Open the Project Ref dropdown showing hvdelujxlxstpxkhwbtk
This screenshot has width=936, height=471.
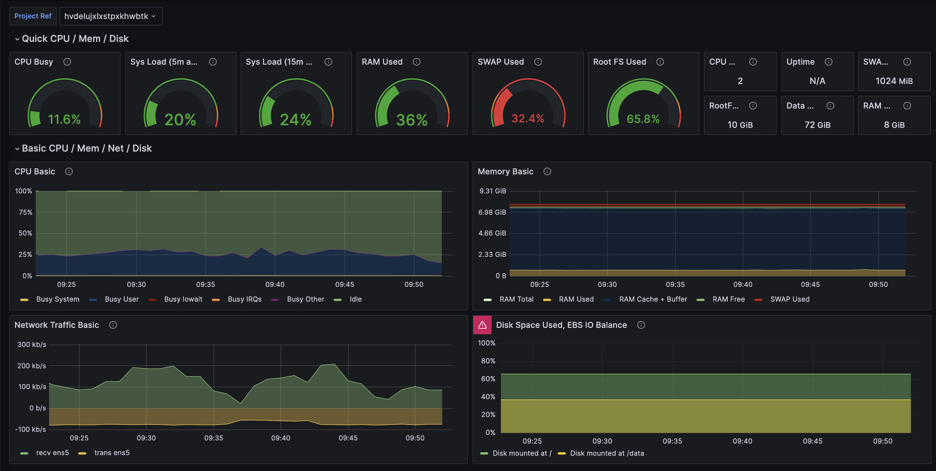tap(110, 16)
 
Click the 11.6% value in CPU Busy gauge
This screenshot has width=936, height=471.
tap(64, 119)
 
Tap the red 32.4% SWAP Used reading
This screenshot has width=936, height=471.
tap(528, 119)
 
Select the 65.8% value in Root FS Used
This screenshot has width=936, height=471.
tap(643, 119)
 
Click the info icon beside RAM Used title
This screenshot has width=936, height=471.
tap(417, 62)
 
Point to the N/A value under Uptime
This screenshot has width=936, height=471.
tap(817, 81)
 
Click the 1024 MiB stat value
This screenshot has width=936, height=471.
tap(894, 81)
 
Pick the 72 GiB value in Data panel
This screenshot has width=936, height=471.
tap(817, 125)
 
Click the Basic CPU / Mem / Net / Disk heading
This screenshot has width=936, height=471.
tap(86, 148)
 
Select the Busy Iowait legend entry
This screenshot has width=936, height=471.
tap(183, 299)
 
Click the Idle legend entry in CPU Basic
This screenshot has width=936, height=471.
tap(355, 299)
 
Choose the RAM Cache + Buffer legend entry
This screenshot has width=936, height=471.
tap(653, 299)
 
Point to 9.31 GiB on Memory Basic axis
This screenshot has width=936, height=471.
tap(492, 191)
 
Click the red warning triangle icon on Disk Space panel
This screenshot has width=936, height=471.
tap(482, 325)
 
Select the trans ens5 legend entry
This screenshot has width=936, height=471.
tap(112, 453)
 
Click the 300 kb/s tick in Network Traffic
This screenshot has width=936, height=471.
tap(32, 345)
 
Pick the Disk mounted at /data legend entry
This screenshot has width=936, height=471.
tap(607, 453)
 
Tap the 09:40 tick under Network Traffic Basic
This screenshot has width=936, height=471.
tap(280, 438)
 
